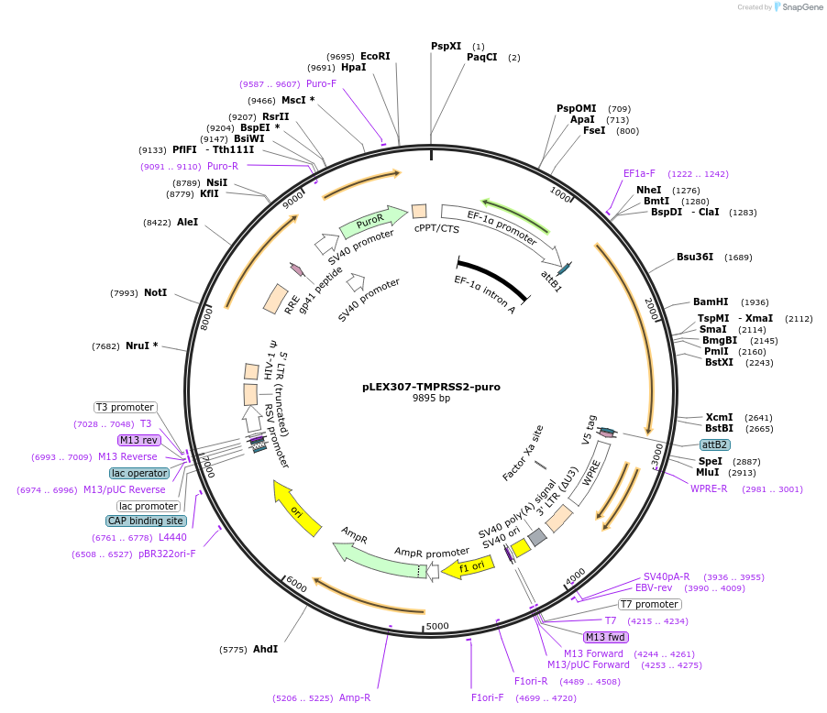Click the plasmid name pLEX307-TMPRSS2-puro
point(431,387)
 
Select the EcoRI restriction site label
point(375,56)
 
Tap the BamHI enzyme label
point(711,302)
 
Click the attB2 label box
point(715,444)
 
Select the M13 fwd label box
point(606,637)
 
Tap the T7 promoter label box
point(650,604)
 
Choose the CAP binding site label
point(146,521)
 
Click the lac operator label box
point(139,473)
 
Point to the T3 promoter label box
point(125,407)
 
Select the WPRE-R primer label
point(709,488)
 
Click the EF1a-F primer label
point(639,173)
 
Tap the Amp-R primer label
point(355,697)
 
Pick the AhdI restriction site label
point(265,649)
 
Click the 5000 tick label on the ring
point(438,627)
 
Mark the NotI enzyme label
point(155,292)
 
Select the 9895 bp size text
point(431,399)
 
